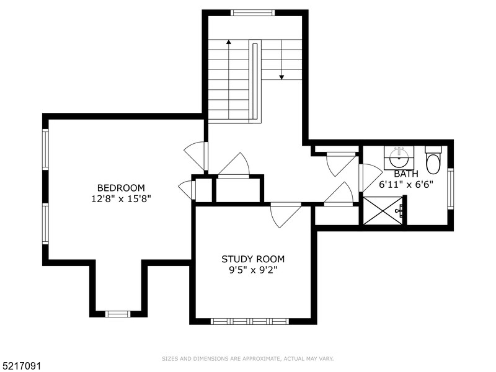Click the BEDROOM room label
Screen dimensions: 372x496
(x=120, y=188)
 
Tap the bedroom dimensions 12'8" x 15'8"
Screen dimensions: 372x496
(x=120, y=199)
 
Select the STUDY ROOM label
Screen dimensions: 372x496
(x=253, y=259)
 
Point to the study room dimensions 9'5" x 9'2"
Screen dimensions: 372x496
(x=253, y=270)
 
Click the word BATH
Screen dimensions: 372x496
(x=406, y=174)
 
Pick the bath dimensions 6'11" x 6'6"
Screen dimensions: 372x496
(x=406, y=185)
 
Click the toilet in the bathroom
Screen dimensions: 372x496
(x=433, y=161)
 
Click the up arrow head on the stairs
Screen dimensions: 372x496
(x=229, y=43)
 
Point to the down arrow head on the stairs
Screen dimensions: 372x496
(x=281, y=77)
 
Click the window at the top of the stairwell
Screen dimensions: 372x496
(x=252, y=12)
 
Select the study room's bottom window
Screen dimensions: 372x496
(x=250, y=321)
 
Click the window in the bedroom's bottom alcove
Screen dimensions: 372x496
(x=117, y=314)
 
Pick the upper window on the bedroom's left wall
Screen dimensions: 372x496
(x=45, y=149)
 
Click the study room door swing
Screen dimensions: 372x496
(x=283, y=215)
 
